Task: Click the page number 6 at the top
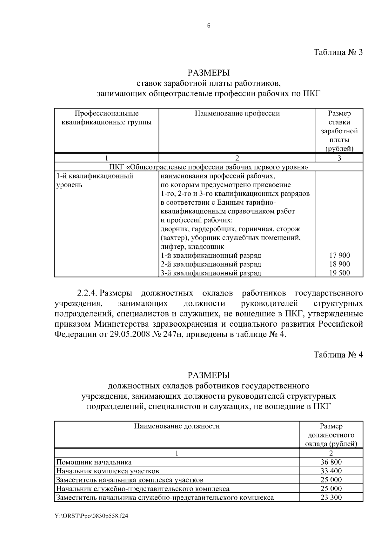click(209, 26)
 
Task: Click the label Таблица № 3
click(338, 52)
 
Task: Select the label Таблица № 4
click(338, 354)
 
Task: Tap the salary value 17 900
click(339, 255)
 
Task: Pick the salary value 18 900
click(339, 264)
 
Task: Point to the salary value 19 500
click(339, 273)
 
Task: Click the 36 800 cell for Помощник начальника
click(331, 462)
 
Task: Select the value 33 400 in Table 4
click(331, 471)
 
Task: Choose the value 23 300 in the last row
click(331, 497)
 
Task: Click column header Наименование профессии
click(237, 114)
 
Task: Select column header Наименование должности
click(177, 426)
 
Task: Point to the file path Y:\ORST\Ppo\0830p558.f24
click(91, 516)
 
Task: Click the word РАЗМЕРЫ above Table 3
click(208, 73)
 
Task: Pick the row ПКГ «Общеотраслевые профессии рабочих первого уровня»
click(209, 167)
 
